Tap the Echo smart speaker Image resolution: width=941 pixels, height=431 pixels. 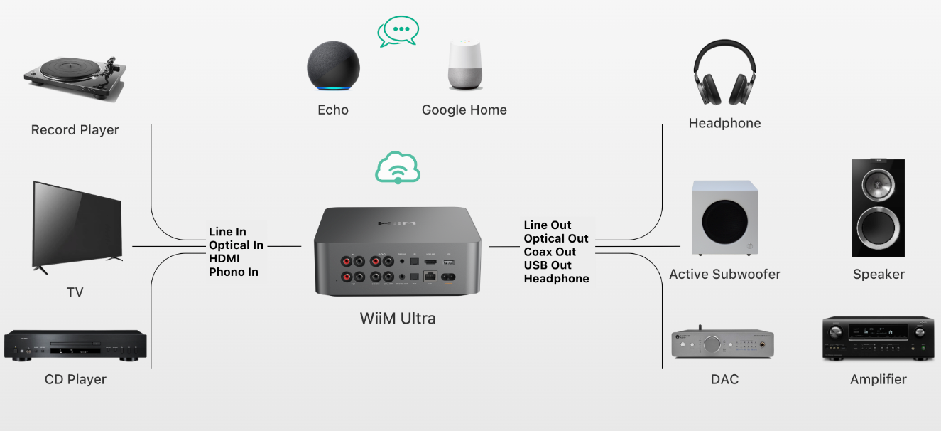333,65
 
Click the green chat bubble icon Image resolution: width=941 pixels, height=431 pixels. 398,31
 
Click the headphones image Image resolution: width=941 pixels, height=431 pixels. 724,73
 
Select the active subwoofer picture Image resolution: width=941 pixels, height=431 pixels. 724,218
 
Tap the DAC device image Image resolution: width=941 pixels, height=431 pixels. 722,344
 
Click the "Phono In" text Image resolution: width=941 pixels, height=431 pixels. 234,272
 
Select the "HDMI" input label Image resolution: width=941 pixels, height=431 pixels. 224,259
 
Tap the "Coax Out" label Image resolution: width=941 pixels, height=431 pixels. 550,252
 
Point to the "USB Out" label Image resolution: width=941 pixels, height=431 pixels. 548,265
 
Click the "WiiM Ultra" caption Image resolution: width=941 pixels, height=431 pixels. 398,319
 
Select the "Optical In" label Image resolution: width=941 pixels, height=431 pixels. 236,245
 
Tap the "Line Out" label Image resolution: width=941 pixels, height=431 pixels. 548,225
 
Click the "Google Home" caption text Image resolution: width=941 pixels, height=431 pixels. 464,110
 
